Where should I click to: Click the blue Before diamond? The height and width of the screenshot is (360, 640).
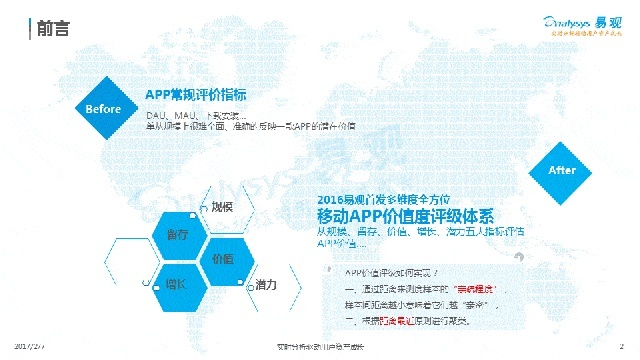(104, 107)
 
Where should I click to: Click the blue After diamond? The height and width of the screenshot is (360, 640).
(562, 170)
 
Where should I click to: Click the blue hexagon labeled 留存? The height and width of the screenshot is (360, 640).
(178, 234)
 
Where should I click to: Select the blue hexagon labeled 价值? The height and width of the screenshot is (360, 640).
(222, 258)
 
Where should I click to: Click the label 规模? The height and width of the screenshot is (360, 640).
(222, 206)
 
